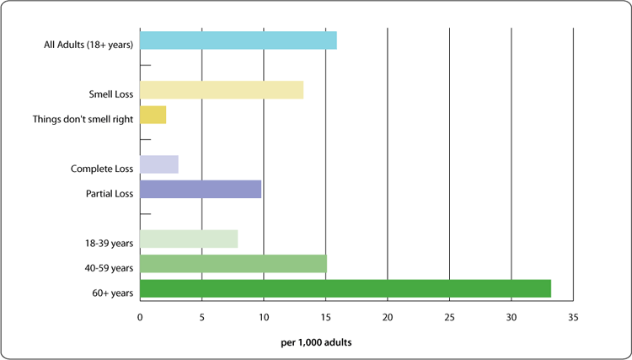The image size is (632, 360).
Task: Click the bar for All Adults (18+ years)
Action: click(x=238, y=40)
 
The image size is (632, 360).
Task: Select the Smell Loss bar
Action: click(x=221, y=90)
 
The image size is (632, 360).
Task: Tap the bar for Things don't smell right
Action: click(x=153, y=115)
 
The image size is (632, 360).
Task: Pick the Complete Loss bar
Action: click(x=158, y=164)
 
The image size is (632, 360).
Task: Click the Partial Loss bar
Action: click(x=200, y=189)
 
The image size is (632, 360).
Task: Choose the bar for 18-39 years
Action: click(x=188, y=239)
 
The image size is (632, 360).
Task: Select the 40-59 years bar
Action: click(x=233, y=264)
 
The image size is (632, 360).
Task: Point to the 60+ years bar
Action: click(x=345, y=288)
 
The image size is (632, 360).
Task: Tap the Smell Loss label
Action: click(x=111, y=94)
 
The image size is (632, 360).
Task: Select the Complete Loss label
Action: click(x=102, y=169)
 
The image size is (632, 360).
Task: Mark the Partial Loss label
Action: click(x=110, y=194)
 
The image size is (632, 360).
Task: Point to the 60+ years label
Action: click(x=112, y=293)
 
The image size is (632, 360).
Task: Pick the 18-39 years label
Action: click(x=110, y=244)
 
